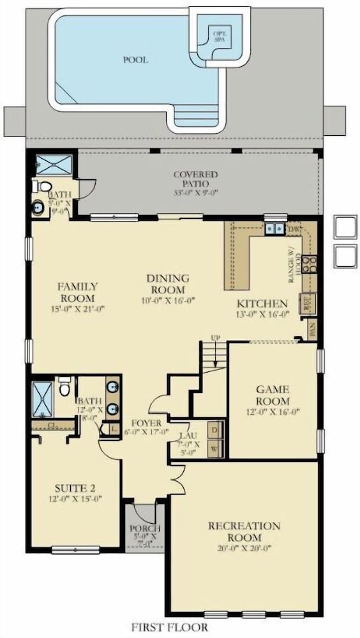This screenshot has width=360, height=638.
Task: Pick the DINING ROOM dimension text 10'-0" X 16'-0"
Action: [x=169, y=300]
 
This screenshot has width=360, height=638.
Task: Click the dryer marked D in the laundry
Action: [x=215, y=431]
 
